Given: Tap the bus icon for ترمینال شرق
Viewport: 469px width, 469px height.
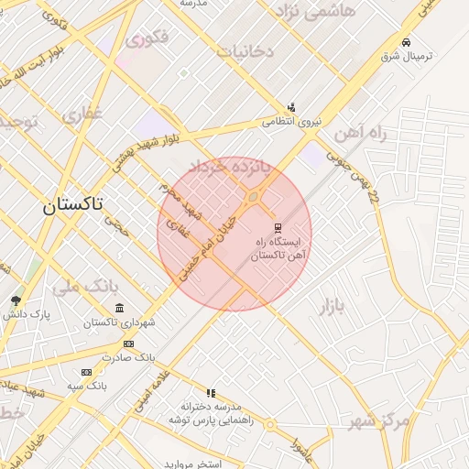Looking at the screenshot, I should [406, 42].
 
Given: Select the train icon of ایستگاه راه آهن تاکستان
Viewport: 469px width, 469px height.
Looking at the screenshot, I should [278, 227].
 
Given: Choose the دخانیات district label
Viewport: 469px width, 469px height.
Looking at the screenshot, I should [244, 51].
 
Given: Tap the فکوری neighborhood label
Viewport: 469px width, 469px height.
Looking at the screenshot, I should [147, 39].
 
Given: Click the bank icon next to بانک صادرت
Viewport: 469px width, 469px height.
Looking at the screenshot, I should [127, 344].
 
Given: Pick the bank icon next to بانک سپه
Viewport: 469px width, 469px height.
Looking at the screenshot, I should [86, 372].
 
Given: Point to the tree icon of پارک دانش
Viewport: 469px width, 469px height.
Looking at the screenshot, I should [16, 300].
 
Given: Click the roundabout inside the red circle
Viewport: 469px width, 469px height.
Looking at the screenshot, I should [253, 195].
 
